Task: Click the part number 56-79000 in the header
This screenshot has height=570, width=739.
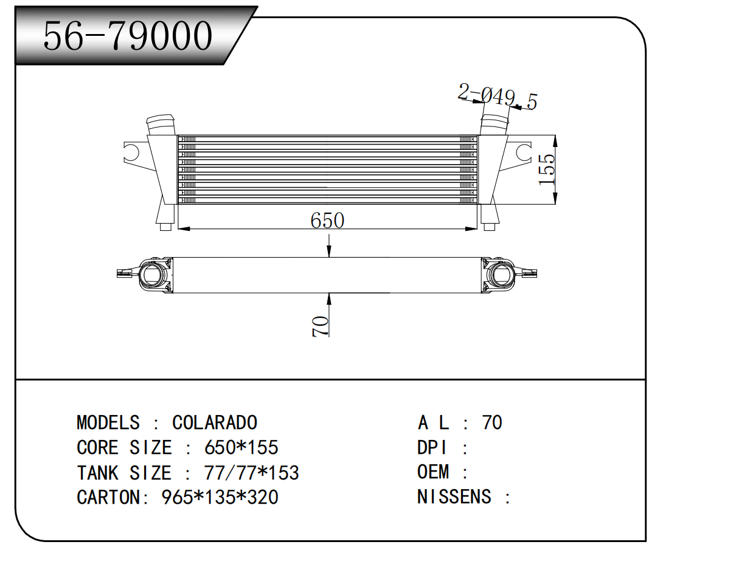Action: pyautogui.click(x=128, y=35)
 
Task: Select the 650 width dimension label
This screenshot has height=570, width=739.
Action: pyautogui.click(x=327, y=220)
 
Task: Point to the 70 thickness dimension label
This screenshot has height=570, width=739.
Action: pyautogui.click(x=321, y=326)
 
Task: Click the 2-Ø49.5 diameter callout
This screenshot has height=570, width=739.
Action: pyautogui.click(x=498, y=97)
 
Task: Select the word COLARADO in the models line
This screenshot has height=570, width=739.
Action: pyautogui.click(x=214, y=422)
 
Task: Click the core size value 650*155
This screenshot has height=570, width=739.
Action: pyautogui.click(x=241, y=448)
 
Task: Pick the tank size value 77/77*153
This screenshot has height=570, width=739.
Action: pyautogui.click(x=252, y=473)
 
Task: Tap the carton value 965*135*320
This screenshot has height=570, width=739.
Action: pyautogui.click(x=220, y=497)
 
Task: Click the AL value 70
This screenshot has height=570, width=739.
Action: pyautogui.click(x=491, y=422)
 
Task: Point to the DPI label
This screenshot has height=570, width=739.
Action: pyautogui.click(x=432, y=448)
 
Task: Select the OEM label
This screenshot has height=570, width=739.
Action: pyautogui.click(x=433, y=472)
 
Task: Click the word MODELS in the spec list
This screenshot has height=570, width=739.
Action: pyautogui.click(x=108, y=422)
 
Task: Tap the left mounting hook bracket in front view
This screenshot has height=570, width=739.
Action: pyautogui.click(x=133, y=153)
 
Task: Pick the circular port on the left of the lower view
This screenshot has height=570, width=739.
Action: pyautogui.click(x=153, y=274)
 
